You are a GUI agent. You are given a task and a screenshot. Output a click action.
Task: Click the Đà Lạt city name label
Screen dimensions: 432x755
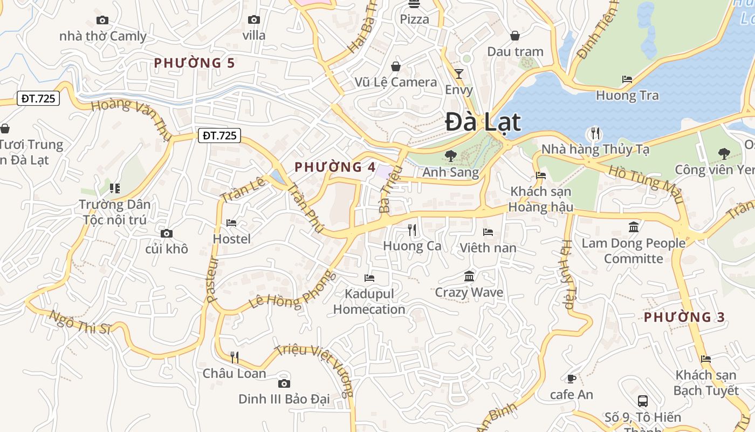point(483,122)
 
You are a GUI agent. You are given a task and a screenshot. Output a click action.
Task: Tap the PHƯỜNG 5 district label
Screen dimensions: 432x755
point(194,63)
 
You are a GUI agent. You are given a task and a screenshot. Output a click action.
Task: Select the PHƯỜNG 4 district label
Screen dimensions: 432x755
point(335,167)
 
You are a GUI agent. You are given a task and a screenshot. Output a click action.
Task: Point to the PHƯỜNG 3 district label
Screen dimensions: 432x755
point(684,317)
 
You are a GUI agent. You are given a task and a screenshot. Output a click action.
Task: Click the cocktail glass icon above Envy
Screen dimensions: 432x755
point(459,74)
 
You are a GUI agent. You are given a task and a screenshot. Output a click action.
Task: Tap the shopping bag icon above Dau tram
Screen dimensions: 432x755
point(515,36)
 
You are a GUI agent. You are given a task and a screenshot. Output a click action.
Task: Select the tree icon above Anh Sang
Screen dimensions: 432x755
point(450,156)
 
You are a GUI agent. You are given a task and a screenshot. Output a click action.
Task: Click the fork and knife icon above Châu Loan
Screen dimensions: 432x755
point(235,357)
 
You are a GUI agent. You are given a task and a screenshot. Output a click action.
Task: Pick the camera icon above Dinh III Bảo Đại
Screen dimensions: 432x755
point(284,383)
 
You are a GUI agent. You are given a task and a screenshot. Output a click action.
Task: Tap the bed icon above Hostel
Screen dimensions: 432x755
point(231,222)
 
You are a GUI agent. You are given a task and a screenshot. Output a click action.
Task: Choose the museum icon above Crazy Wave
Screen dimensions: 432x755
point(469,276)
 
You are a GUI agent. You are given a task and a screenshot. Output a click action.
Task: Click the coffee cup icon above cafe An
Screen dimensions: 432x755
point(572,379)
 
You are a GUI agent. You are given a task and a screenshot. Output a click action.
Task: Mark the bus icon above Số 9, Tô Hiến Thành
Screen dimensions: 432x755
point(643,401)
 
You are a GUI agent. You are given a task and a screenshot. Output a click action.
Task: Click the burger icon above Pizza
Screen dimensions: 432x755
point(414,4)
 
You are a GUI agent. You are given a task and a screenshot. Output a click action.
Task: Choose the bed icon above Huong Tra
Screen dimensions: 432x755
point(627,79)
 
